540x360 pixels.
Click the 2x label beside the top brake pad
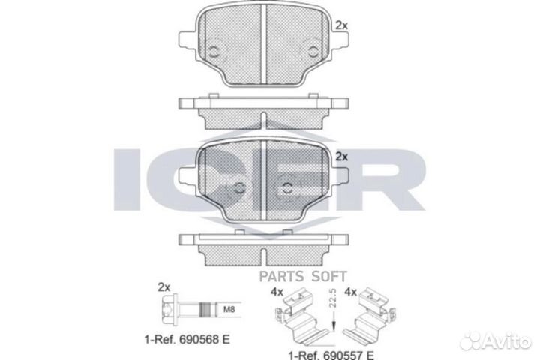click(342, 25)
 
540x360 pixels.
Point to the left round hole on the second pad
click(239, 188)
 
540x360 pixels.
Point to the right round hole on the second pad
click(288, 188)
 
